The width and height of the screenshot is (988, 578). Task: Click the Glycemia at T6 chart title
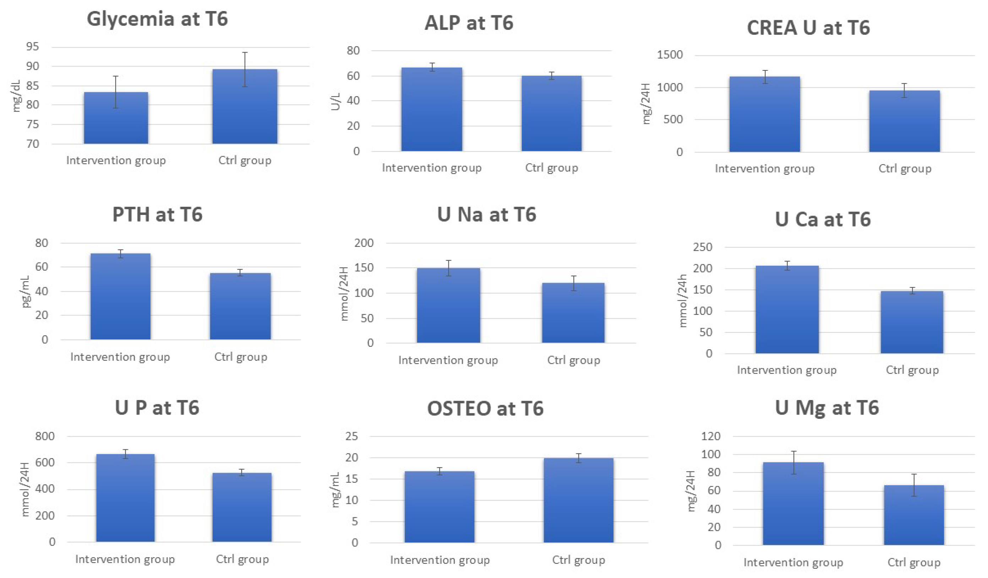click(x=157, y=19)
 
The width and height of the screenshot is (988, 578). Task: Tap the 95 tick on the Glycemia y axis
click(x=33, y=47)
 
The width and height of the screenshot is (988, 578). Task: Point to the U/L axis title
click(x=335, y=101)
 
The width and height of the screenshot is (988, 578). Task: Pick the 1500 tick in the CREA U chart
click(x=670, y=55)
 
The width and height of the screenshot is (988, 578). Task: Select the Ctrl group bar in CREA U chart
click(x=904, y=121)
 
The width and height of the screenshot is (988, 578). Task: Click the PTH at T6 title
click(x=157, y=215)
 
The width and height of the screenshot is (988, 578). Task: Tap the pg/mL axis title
click(x=26, y=292)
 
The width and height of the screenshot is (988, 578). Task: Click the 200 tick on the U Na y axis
click(x=364, y=243)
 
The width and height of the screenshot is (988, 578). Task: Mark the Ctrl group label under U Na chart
click(x=573, y=360)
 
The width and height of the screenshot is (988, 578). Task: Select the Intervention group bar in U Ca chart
click(x=787, y=310)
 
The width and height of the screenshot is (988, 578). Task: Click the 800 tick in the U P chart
click(x=45, y=436)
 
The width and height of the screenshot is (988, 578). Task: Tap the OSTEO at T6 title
click(x=485, y=409)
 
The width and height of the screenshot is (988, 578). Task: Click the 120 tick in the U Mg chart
click(x=711, y=436)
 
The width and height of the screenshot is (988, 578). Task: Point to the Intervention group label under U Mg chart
click(x=793, y=563)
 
